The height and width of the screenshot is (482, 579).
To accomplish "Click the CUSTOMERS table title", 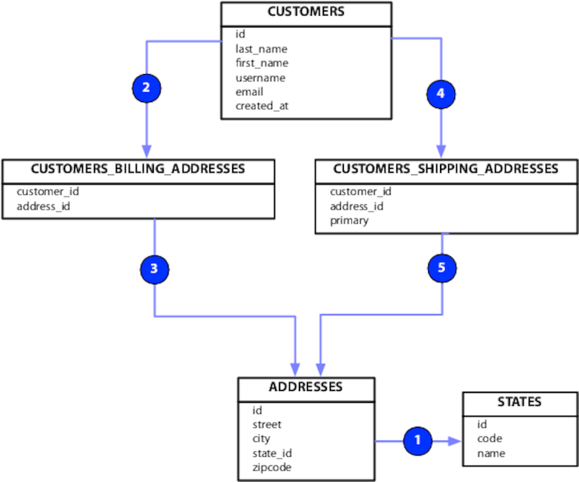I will [x=305, y=12].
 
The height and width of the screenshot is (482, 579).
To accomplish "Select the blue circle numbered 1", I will [x=417, y=441].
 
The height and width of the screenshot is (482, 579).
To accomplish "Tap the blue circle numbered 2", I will [x=146, y=88].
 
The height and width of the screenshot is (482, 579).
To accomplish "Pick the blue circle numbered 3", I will [x=154, y=269].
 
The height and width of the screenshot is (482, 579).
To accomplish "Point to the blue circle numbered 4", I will [x=441, y=93].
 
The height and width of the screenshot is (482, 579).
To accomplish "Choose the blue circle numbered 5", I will [x=441, y=269].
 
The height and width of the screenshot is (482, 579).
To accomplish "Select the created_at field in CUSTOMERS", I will [x=262, y=106].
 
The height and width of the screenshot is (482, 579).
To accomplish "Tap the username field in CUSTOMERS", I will [x=260, y=78].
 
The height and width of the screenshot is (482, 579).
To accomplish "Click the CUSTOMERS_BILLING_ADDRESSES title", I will [x=138, y=169].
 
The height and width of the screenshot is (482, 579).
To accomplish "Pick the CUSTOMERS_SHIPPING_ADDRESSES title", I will [x=445, y=169].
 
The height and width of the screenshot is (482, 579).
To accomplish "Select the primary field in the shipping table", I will [x=349, y=220].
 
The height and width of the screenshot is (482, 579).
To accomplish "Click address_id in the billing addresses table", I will [x=44, y=206].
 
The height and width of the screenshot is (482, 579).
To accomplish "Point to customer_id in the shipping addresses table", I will [x=360, y=192].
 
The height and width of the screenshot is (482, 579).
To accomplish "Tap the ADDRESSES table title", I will [x=305, y=386].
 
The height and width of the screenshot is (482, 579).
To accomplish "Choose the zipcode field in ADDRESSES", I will [x=271, y=467].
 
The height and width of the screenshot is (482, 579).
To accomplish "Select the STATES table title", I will [x=519, y=401].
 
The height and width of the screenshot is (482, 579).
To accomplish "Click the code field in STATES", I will [x=489, y=438].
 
